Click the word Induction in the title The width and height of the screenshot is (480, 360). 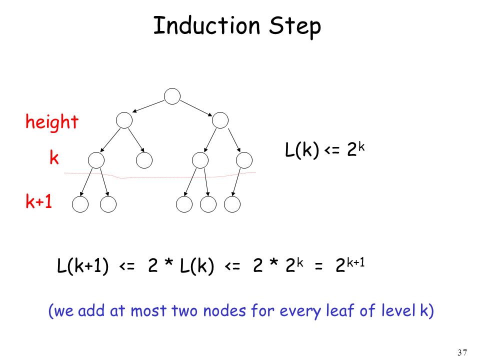206,25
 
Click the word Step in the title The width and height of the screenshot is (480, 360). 295,27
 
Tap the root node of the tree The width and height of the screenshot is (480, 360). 172,96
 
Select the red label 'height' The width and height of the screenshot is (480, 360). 52,122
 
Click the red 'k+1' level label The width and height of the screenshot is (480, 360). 39,201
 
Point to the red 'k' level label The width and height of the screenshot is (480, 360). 54,157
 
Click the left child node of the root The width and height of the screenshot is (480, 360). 124,120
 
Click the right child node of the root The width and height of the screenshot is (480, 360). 220,120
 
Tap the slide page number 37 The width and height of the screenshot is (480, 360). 462,352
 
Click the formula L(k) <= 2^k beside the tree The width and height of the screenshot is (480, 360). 325,149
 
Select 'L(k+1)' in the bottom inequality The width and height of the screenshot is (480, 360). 83,265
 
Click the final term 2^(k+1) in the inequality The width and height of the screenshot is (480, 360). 350,265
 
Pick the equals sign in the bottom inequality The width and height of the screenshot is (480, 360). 318,266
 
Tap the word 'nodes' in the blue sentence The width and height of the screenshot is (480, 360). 224,311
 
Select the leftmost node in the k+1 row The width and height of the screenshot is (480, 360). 80,204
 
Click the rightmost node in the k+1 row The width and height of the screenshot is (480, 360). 232,204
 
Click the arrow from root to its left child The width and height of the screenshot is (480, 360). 148,106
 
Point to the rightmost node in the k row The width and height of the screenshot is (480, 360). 244,160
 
